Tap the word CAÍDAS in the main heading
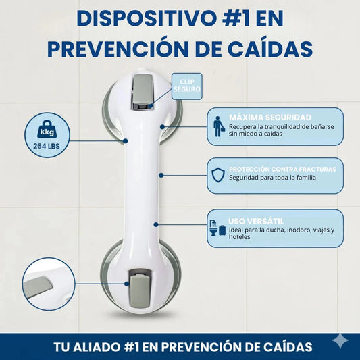pos(270,49)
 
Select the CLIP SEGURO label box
pos(187,86)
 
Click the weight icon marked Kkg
pos(47,129)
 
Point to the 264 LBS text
pos(47,146)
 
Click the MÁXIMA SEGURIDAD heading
pos(270,118)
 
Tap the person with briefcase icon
pos(218,126)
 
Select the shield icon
pos(218,175)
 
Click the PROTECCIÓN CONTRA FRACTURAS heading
pos(282,169)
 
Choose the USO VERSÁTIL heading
pos(256,221)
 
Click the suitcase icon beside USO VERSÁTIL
pos(222,230)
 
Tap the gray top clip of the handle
pos(142,90)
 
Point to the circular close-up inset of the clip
pos(49,284)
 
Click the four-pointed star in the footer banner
pos(341,341)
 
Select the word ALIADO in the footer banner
pos(97,346)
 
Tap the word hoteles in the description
pos(240,236)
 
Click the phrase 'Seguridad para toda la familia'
pos(272,178)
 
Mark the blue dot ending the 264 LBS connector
pos(125,140)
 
